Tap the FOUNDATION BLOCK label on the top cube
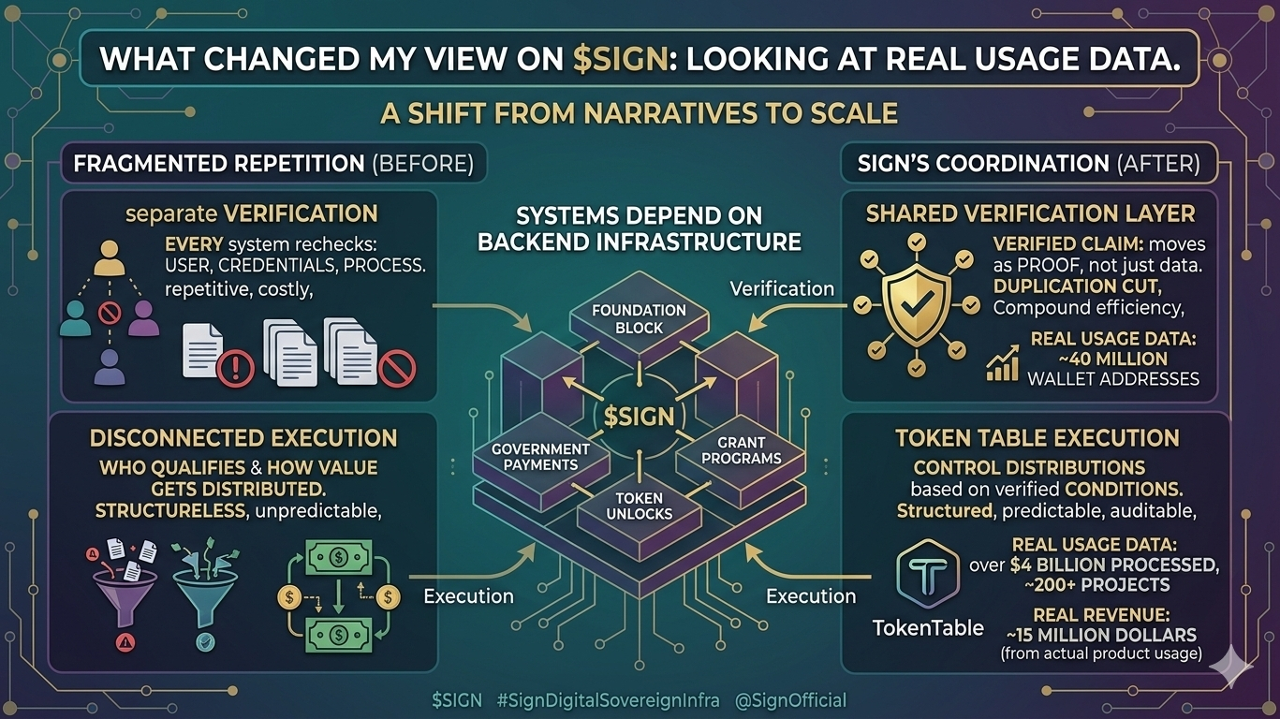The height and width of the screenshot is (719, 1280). [x=639, y=318]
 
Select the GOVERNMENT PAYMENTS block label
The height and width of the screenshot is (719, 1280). [x=540, y=457]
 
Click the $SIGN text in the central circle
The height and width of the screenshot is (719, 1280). [x=639, y=416]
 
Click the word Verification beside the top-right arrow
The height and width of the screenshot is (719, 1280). [x=782, y=288]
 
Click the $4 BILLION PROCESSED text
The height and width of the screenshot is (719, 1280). [x=1114, y=565]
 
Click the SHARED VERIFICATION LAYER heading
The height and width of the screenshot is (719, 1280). [x=1030, y=213]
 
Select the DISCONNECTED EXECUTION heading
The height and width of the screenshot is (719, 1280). [x=243, y=438]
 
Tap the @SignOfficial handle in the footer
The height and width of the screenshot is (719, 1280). [x=792, y=700]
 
